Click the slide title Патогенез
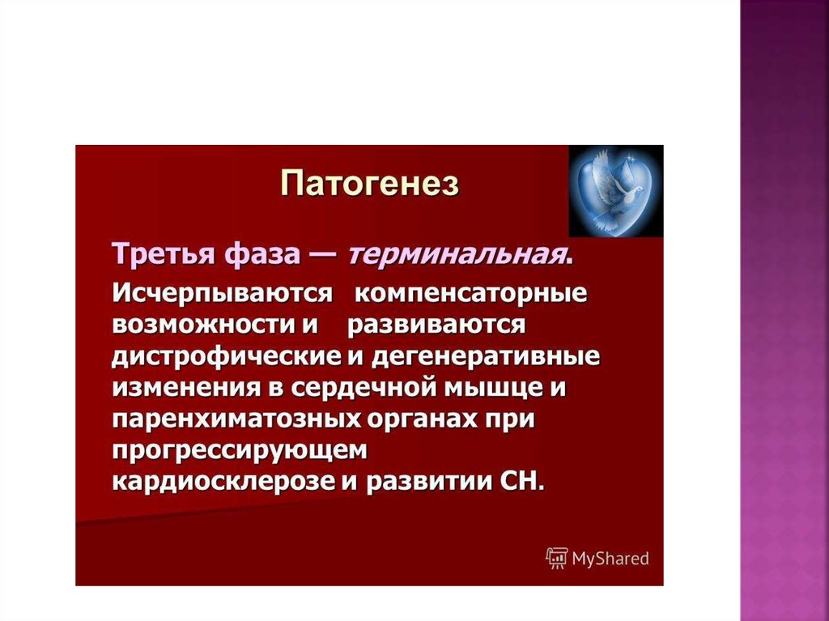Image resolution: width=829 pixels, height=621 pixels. (369, 184)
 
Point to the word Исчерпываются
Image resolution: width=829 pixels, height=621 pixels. (223, 293)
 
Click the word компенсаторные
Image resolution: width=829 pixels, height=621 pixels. (470, 294)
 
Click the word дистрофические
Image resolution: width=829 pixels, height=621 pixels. (227, 357)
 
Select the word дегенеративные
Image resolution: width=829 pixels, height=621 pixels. (486, 357)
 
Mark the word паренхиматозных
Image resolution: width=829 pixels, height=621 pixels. (237, 420)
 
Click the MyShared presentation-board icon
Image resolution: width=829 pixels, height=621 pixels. (557, 559)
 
